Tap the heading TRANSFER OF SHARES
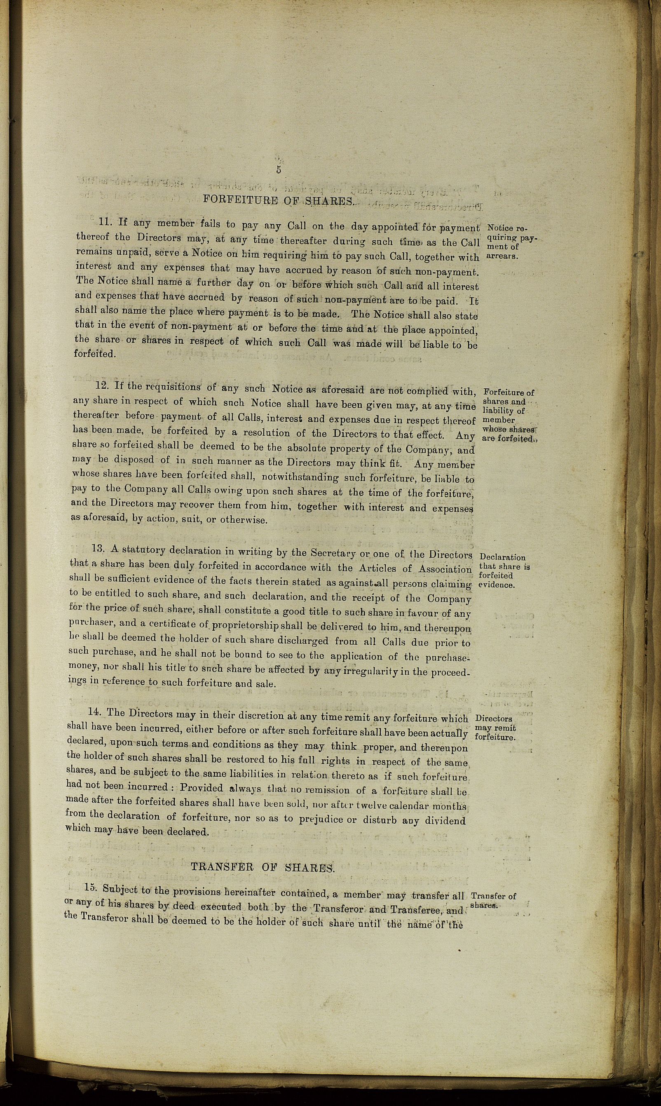[262, 867]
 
